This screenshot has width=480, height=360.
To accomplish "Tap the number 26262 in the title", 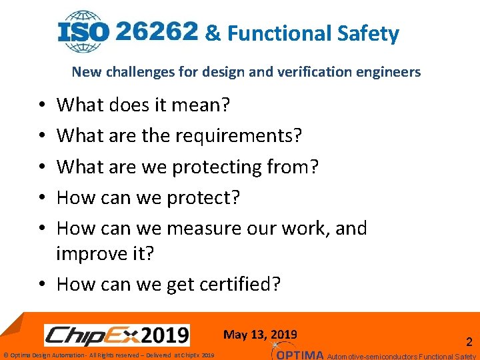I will point(157,31).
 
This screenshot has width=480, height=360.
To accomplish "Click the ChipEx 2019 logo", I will point(117,334).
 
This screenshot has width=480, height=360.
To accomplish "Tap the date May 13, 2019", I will point(261,335).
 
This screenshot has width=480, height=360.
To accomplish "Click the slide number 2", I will point(469,342).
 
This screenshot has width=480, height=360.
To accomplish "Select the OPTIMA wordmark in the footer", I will point(300,354).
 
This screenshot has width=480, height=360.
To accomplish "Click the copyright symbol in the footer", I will point(6,355).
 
